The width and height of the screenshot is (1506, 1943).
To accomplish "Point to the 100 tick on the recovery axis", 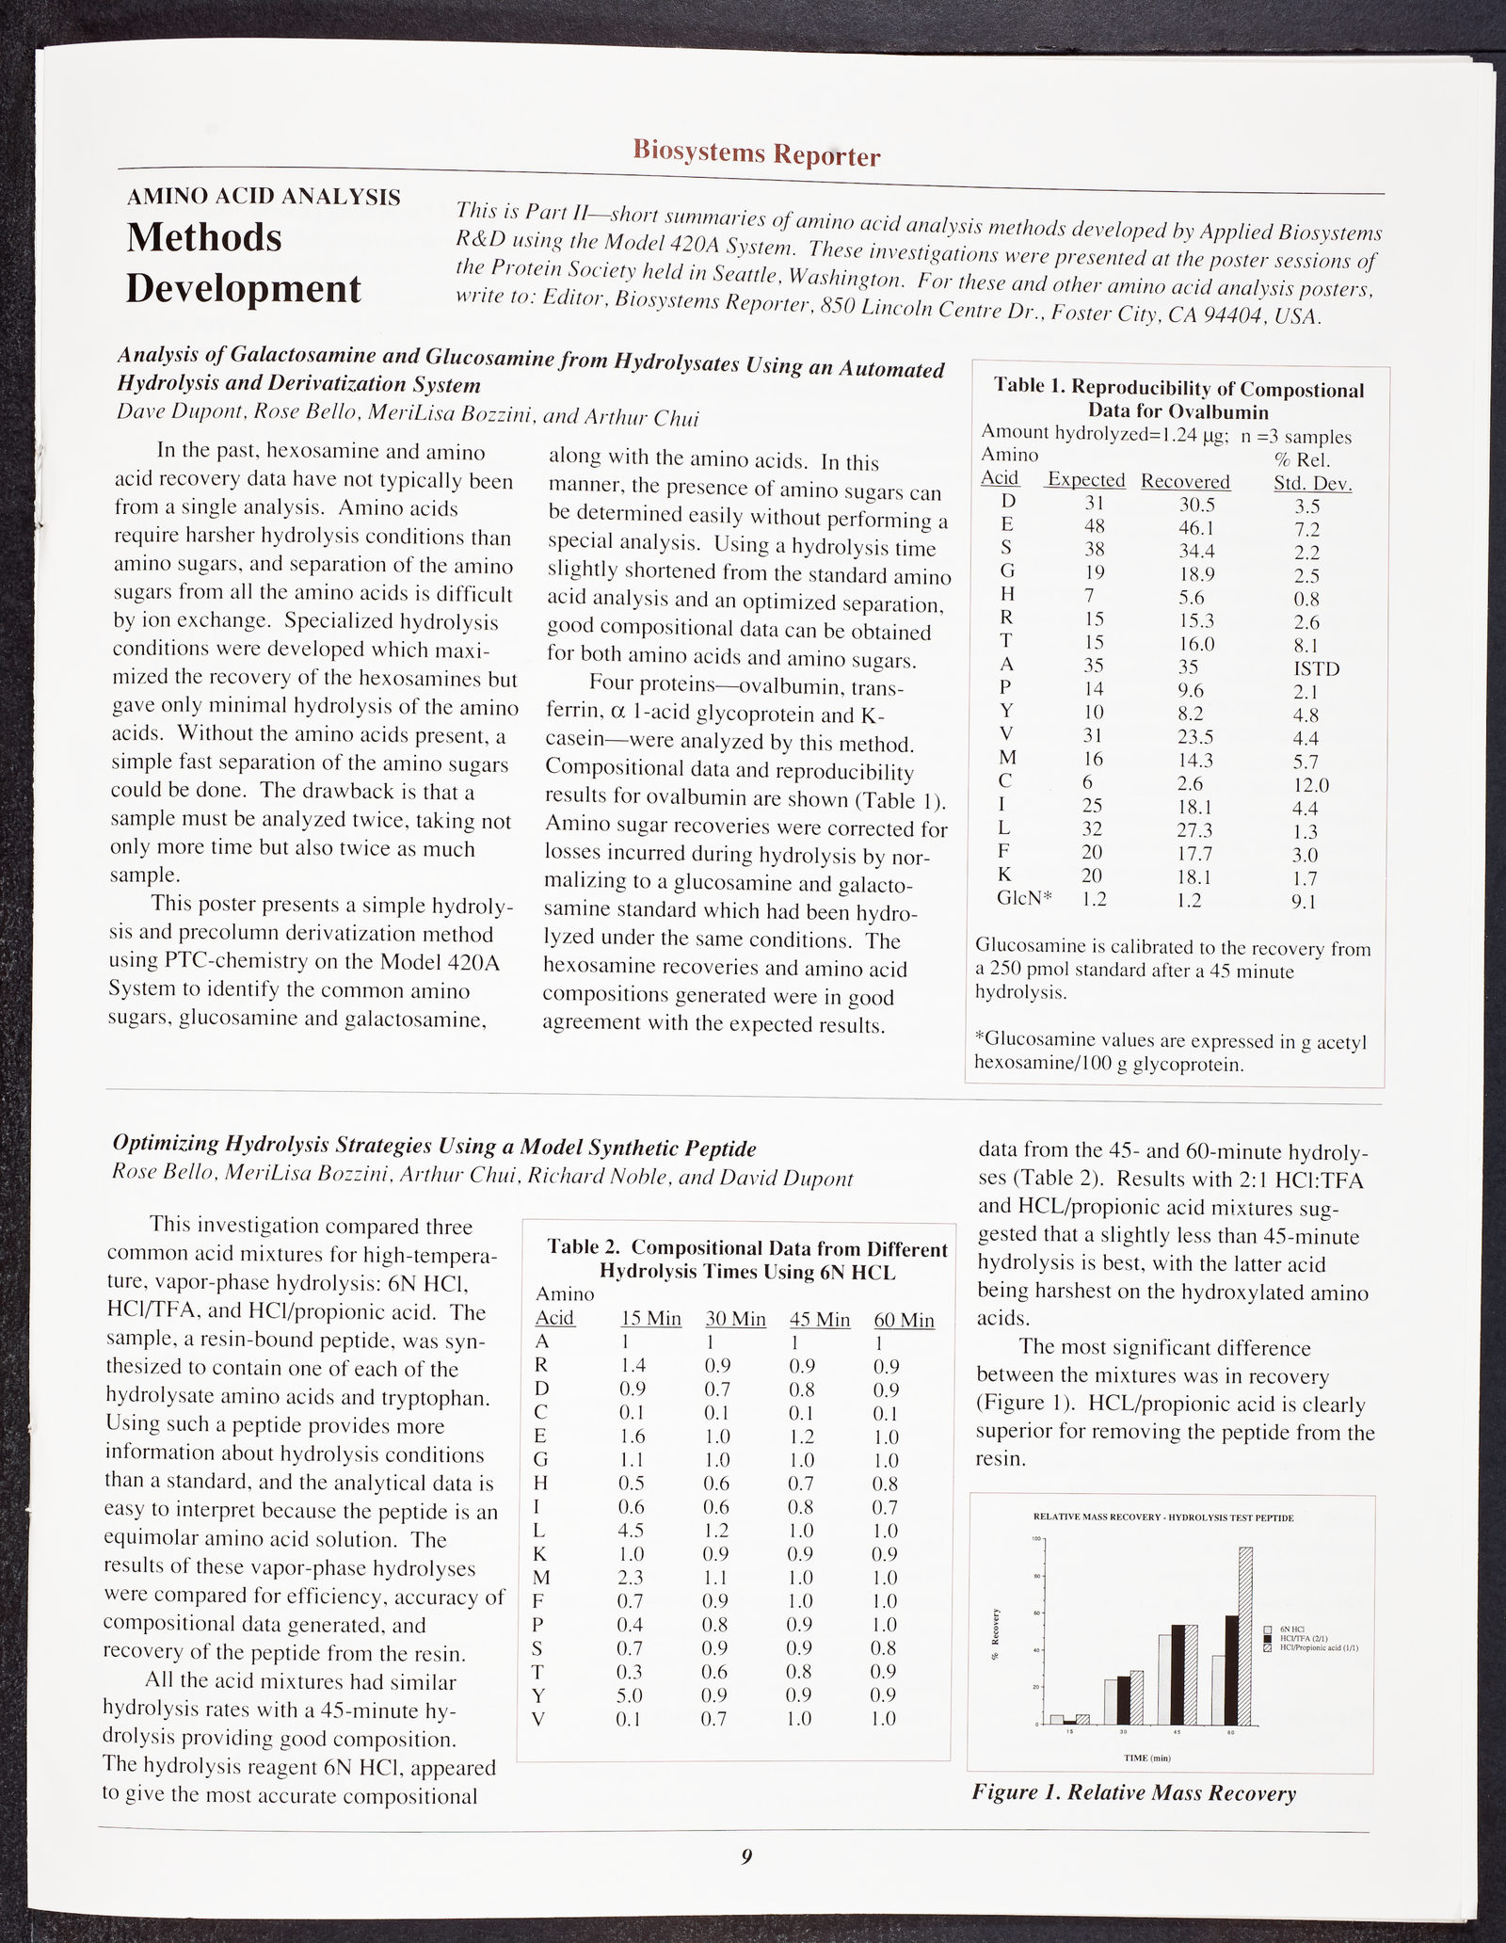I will tap(1038, 1539).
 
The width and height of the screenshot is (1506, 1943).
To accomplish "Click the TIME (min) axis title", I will tap(1146, 1757).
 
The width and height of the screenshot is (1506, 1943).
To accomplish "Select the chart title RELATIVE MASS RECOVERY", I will tap(1163, 1517).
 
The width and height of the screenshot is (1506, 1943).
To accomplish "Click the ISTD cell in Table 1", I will tap(1316, 668).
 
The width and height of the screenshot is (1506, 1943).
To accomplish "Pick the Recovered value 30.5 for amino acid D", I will tap(1196, 505).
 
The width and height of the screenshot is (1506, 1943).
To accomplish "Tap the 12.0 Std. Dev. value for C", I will tap(1310, 785).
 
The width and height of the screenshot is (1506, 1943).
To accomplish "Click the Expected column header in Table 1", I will tap(1086, 480).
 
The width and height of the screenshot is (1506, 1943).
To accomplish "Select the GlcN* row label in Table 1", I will tap(1022, 899).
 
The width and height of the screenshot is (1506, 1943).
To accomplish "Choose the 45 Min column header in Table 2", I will tap(819, 1320).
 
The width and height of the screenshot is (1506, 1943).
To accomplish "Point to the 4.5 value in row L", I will tap(633, 1531).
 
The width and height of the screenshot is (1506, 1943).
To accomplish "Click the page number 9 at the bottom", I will tap(746, 1856).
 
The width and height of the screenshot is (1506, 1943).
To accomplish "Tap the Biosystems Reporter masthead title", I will tap(757, 152).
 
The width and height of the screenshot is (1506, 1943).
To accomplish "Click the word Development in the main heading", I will tap(243, 288).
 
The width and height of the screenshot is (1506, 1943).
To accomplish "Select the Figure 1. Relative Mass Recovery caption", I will tap(1133, 1793).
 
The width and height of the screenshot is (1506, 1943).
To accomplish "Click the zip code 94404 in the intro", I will tap(1226, 316).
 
